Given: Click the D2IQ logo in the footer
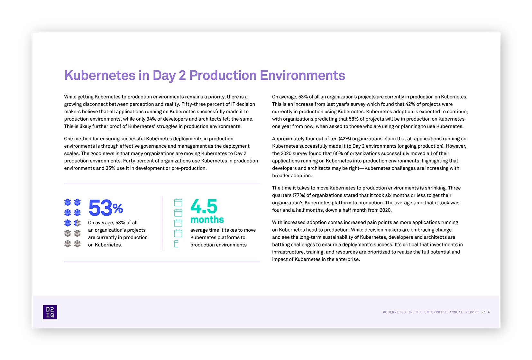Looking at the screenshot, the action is coord(50,312).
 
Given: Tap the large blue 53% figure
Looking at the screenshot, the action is coord(106,208).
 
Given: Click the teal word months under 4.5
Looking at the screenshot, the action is coord(207,219).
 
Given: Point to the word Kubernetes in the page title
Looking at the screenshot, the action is coord(100,75).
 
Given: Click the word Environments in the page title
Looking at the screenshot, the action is coord(302,75).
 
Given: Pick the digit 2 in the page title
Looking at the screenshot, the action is coord(182,75).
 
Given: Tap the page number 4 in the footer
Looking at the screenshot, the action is coord(489,312).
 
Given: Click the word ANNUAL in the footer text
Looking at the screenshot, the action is coord(456,312).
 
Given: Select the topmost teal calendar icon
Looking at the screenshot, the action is coord(178,202).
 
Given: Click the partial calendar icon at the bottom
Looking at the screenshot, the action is coord(176,244).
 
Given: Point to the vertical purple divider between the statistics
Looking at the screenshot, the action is coord(162,223).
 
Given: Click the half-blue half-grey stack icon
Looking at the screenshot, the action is coord(77,223).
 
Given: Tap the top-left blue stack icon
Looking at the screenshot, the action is coord(68,202).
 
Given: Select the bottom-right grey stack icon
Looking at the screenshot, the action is coord(77,244).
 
